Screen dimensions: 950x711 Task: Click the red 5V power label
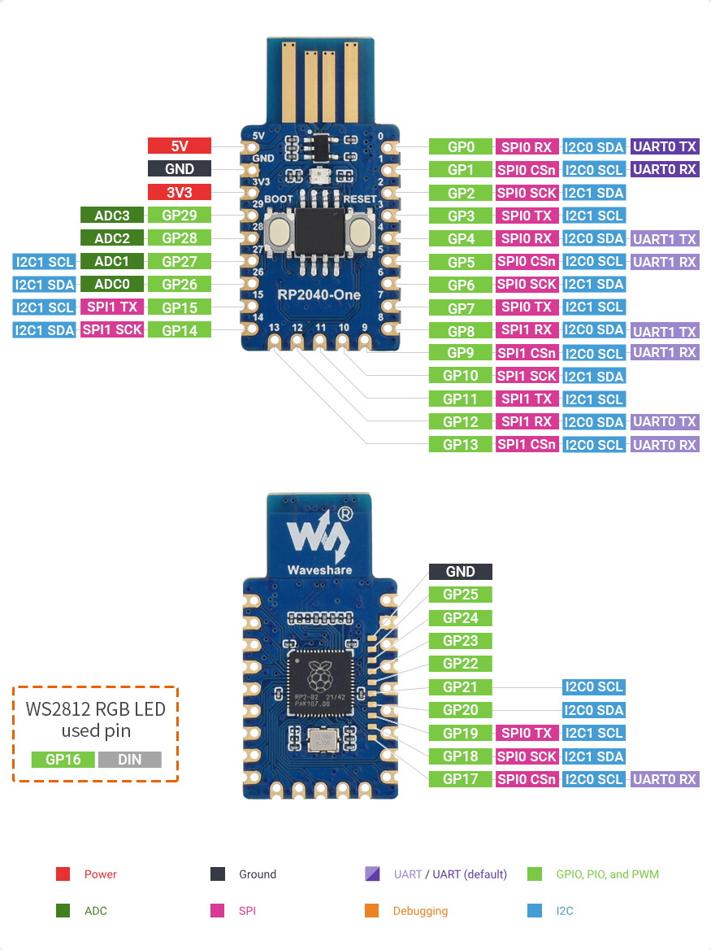179,146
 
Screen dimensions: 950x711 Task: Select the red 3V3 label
179,193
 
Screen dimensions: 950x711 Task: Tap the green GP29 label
178,216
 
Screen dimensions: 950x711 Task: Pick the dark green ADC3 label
112,216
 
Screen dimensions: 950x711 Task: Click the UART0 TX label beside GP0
665,147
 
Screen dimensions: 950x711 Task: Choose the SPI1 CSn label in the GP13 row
527,445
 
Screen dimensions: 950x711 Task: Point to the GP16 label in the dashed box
63,760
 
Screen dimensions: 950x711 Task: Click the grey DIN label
129,760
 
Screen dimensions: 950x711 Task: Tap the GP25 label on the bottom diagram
461,595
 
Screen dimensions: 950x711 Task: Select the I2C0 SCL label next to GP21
593,687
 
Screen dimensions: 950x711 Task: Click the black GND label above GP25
461,572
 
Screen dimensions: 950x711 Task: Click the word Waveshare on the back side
319,569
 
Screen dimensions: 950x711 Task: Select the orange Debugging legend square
373,911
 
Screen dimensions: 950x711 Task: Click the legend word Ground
258,874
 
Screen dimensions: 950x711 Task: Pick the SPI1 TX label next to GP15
112,307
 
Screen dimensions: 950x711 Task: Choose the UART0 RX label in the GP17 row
665,779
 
